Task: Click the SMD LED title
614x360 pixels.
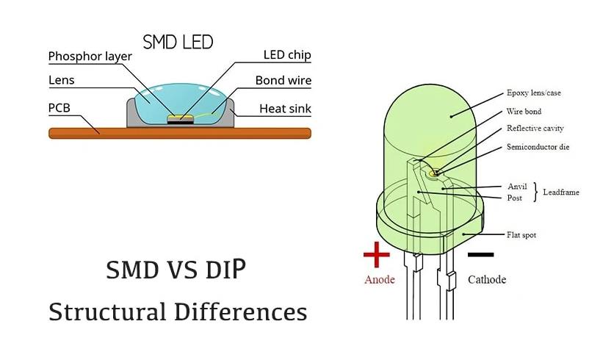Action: (178, 42)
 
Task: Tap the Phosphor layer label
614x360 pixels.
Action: (90, 57)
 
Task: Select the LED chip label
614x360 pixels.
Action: (287, 55)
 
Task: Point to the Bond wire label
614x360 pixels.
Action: (283, 80)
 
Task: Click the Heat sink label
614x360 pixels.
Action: (285, 109)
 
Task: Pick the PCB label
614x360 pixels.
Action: (59, 108)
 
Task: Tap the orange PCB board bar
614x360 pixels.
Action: (180, 133)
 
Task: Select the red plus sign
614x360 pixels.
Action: (376, 255)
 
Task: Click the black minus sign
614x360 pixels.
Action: (481, 255)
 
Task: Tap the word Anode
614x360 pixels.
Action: (380, 280)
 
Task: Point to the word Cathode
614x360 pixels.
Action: (487, 280)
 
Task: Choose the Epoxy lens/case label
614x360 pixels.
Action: (534, 93)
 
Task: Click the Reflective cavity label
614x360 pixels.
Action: (535, 128)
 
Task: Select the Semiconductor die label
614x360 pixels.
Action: (538, 147)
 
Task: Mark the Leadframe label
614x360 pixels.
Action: (560, 192)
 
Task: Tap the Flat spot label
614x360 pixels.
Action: (521, 235)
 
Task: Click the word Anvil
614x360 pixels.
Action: (517, 187)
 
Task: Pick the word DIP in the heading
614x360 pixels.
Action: (225, 269)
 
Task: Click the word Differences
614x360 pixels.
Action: (240, 312)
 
